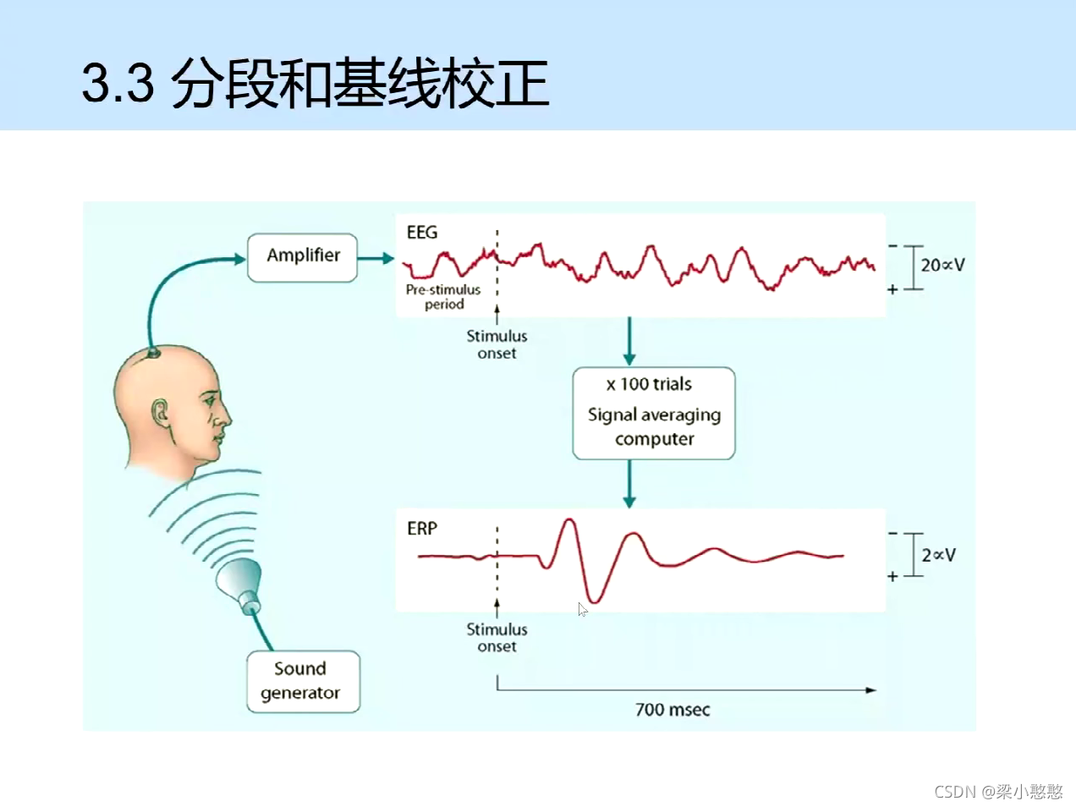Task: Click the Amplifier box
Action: pyautogui.click(x=302, y=257)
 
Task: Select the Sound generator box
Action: pyautogui.click(x=302, y=681)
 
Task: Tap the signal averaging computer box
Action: pyautogui.click(x=653, y=414)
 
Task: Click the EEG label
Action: pyautogui.click(x=422, y=233)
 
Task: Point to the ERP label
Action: pyautogui.click(x=422, y=529)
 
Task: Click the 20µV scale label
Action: pyautogui.click(x=942, y=265)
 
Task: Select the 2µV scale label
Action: pyautogui.click(x=938, y=555)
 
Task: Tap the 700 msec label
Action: pyautogui.click(x=672, y=710)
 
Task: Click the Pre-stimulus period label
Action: pyautogui.click(x=443, y=297)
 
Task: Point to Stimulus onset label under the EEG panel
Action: pyautogui.click(x=497, y=344)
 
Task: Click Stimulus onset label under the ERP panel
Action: pyautogui.click(x=497, y=638)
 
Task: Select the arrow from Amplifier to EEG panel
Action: pyautogui.click(x=376, y=258)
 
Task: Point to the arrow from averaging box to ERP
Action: pyautogui.click(x=629, y=484)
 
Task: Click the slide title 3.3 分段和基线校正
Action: pyautogui.click(x=316, y=83)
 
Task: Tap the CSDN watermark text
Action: pyautogui.click(x=998, y=792)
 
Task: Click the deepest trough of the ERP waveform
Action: pyautogui.click(x=593, y=601)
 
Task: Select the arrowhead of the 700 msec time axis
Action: pyautogui.click(x=870, y=690)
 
